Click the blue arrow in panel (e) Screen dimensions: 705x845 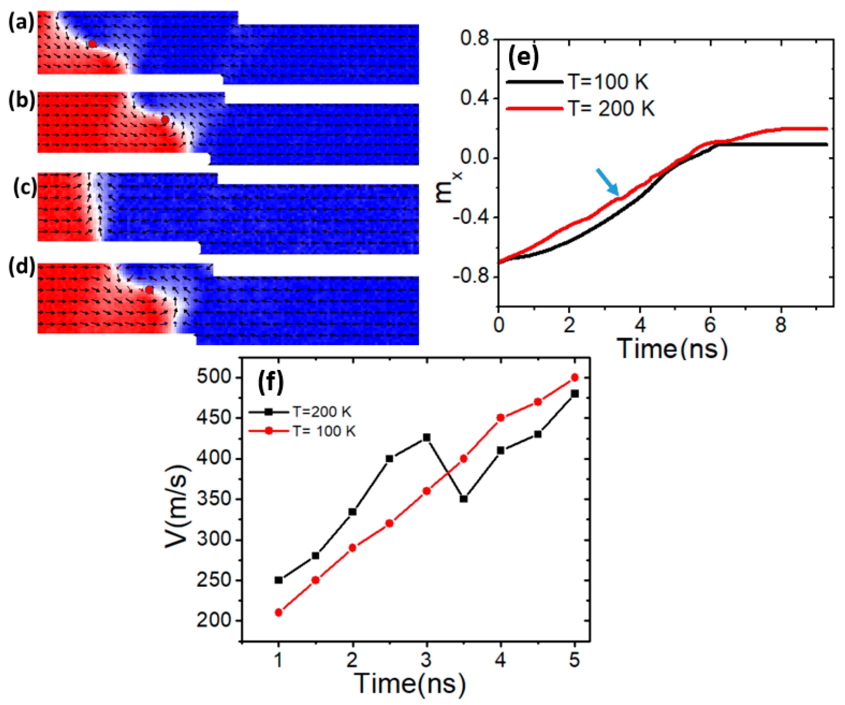click(x=607, y=182)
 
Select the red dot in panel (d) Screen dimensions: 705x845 click(x=149, y=290)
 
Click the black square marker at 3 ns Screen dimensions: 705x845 click(x=427, y=437)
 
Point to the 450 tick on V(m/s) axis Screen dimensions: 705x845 click(x=214, y=418)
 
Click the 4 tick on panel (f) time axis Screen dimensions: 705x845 click(x=500, y=661)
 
